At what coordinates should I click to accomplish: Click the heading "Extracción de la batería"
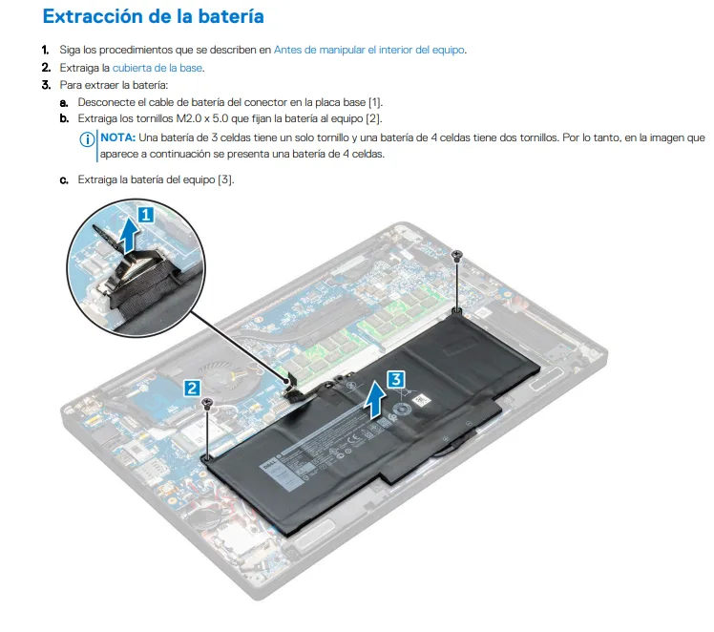(x=154, y=17)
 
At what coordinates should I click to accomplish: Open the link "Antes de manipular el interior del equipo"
(x=369, y=50)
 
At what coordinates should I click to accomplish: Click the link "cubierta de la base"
(x=157, y=68)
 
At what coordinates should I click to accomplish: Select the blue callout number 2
(x=192, y=387)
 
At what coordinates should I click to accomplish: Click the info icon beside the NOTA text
(x=88, y=139)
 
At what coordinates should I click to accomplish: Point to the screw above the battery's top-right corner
(x=458, y=256)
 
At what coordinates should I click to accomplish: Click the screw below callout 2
(x=207, y=407)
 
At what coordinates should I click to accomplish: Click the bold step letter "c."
(x=64, y=179)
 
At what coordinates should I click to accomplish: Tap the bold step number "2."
(x=45, y=68)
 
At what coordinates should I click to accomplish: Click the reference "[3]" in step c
(x=225, y=179)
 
